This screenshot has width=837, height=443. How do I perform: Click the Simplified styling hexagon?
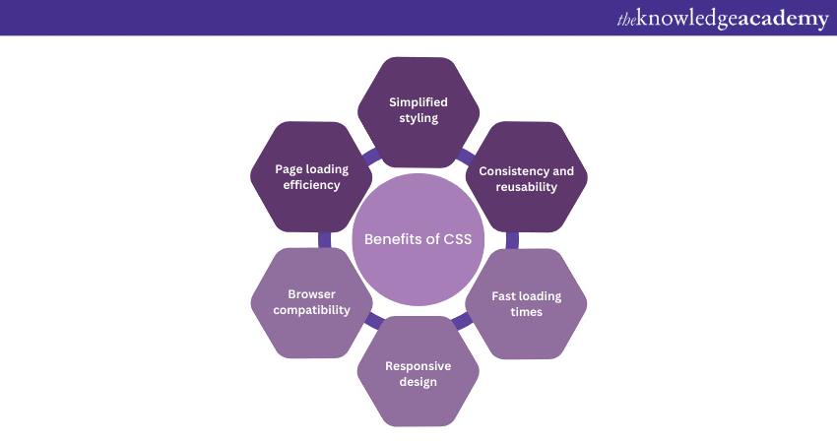tap(418, 110)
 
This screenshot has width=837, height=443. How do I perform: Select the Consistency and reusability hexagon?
tap(526, 178)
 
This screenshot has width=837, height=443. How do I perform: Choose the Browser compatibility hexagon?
tap(311, 303)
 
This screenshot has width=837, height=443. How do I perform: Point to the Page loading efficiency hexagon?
tap(311, 177)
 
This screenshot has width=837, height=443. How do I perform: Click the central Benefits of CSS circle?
tap(418, 239)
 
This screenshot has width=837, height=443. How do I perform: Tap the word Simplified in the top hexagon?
tap(418, 101)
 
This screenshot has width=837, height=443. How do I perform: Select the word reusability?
tap(526, 187)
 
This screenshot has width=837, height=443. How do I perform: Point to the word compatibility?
tap(312, 310)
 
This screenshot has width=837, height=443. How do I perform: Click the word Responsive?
tap(418, 365)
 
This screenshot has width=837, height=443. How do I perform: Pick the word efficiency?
tap(311, 185)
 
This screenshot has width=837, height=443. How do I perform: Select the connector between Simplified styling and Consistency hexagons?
tap(467, 155)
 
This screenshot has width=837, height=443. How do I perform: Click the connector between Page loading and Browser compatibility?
tap(323, 239)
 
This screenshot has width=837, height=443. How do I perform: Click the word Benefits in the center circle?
tap(392, 239)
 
